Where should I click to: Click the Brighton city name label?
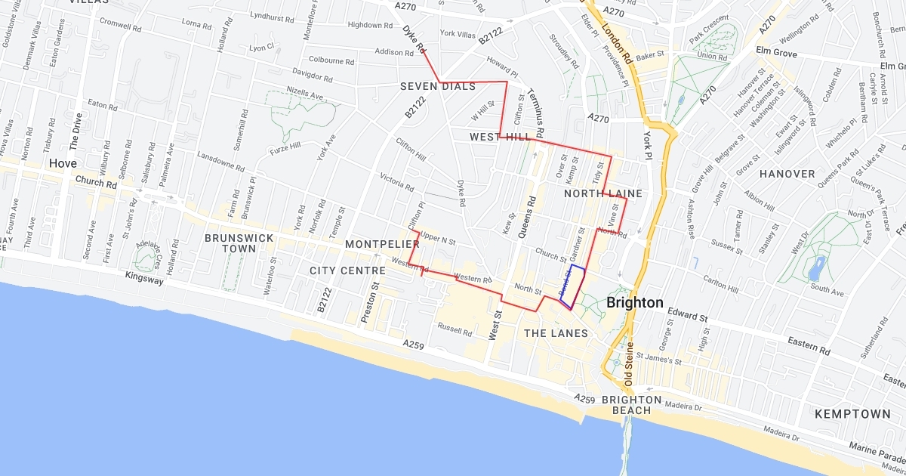634,303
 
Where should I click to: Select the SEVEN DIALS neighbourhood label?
438,86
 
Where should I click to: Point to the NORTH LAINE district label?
603,193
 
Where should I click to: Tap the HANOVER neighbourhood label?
787,174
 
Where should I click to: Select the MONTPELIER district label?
382,244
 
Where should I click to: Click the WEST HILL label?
499,137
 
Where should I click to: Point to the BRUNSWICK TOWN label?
239,243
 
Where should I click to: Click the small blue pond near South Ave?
816,268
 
